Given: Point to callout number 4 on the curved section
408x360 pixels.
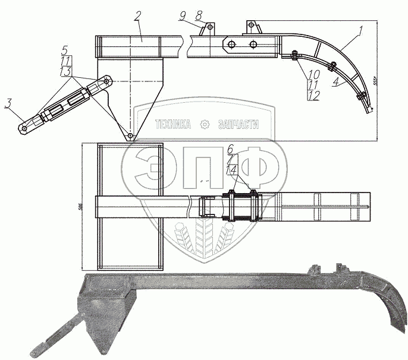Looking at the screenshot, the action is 336,84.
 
